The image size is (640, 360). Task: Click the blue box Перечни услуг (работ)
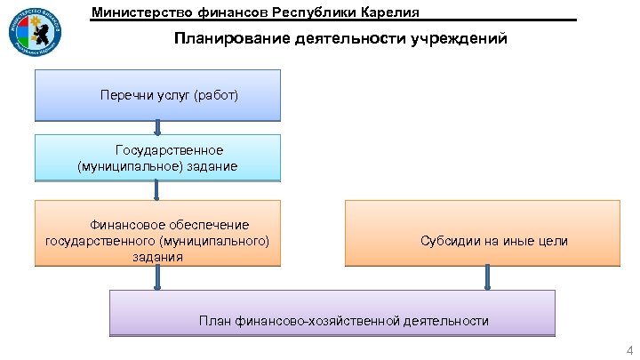157,95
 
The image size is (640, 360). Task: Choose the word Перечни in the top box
124,94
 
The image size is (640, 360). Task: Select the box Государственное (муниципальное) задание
157,157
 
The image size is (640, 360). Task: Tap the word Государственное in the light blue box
169,149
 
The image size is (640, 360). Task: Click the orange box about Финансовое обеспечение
157,233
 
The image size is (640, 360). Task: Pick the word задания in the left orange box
157,257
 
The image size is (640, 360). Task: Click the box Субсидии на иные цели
482,233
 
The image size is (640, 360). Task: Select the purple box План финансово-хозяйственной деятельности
332,312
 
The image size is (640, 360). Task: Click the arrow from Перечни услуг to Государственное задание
157,128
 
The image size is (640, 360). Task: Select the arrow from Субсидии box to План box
487,277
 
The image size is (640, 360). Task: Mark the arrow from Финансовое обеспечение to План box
158,277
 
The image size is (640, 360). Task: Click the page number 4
629,348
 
